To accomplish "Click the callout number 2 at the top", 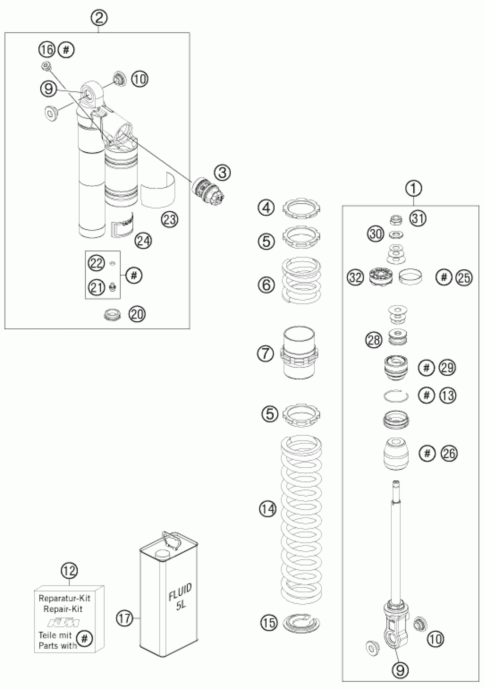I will tap(99, 18).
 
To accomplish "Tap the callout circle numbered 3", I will tap(223, 173).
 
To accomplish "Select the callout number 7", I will tap(266, 353).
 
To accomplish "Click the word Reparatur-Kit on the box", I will tap(64, 599).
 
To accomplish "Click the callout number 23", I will tap(169, 219).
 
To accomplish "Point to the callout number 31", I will tap(418, 219).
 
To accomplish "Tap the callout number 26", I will tap(449, 453).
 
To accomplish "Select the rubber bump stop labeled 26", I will tap(396, 454).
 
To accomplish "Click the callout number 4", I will tap(266, 208).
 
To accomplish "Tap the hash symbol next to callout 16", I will tap(66, 50).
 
